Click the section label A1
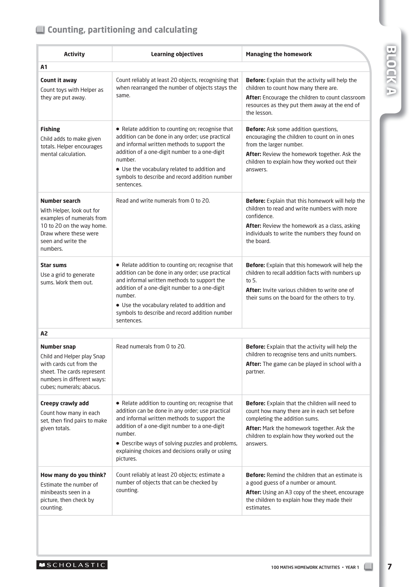44,67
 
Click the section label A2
44,333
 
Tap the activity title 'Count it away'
59,80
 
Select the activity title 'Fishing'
50,129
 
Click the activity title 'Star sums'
53,265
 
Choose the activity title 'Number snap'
58,347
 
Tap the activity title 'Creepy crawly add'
64,403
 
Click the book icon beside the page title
40,30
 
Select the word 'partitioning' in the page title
111,30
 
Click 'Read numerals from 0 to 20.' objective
151,346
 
